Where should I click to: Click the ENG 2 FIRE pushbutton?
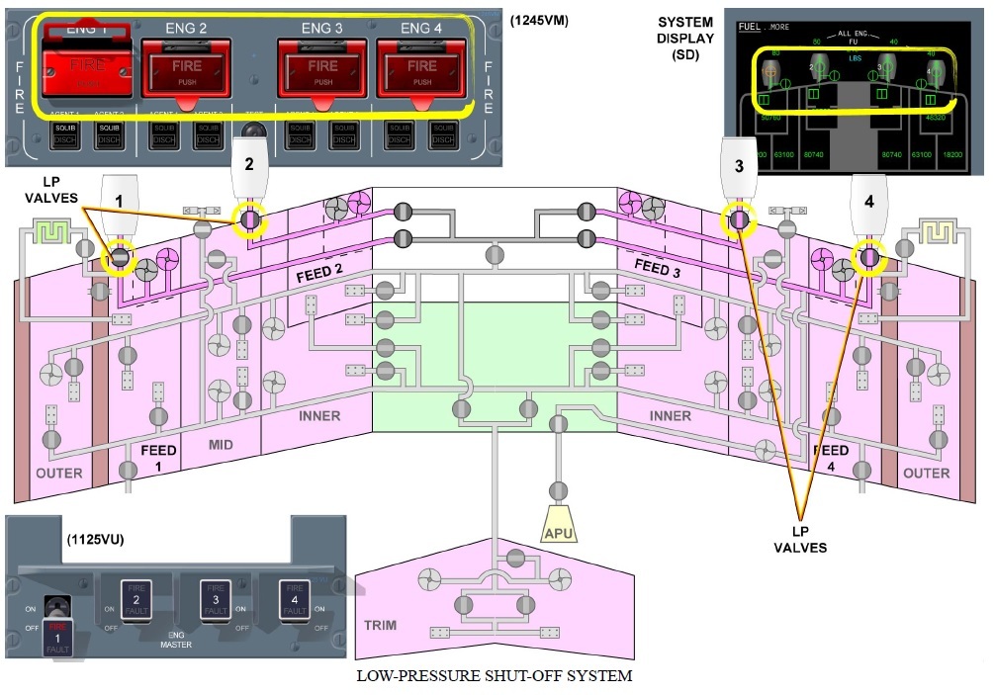pyautogui.click(x=186, y=71)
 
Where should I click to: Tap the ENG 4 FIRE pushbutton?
pyautogui.click(x=422, y=71)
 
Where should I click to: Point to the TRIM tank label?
pyautogui.click(x=381, y=626)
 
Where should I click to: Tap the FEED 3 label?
pyautogui.click(x=659, y=267)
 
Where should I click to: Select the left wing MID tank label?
pyautogui.click(x=221, y=445)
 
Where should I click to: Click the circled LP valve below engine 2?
pyautogui.click(x=248, y=218)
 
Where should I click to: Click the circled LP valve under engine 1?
pyautogui.click(x=121, y=257)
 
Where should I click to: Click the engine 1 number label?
pyautogui.click(x=119, y=201)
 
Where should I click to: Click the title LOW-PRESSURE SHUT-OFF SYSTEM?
pyautogui.click(x=495, y=676)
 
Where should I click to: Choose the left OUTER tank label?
pyautogui.click(x=59, y=474)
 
